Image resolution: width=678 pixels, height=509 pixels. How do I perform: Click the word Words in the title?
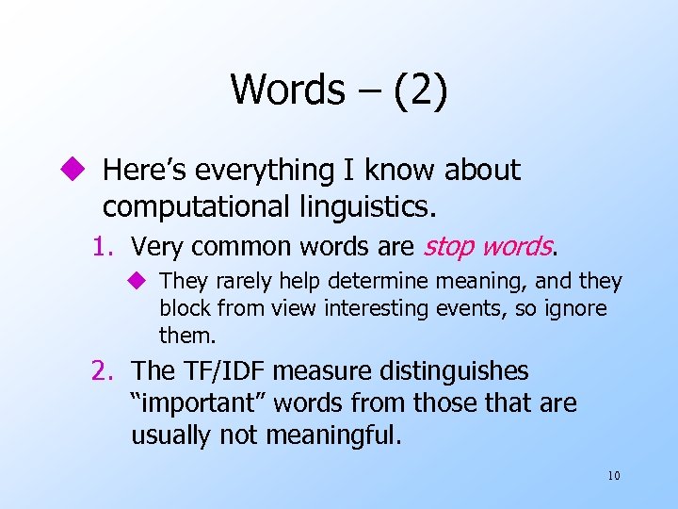tap(287, 90)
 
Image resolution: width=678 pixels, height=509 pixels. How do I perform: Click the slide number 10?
tap(613, 475)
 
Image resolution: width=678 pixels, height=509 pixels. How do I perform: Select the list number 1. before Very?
tap(105, 247)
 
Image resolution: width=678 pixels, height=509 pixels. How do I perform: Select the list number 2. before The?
tap(105, 371)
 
